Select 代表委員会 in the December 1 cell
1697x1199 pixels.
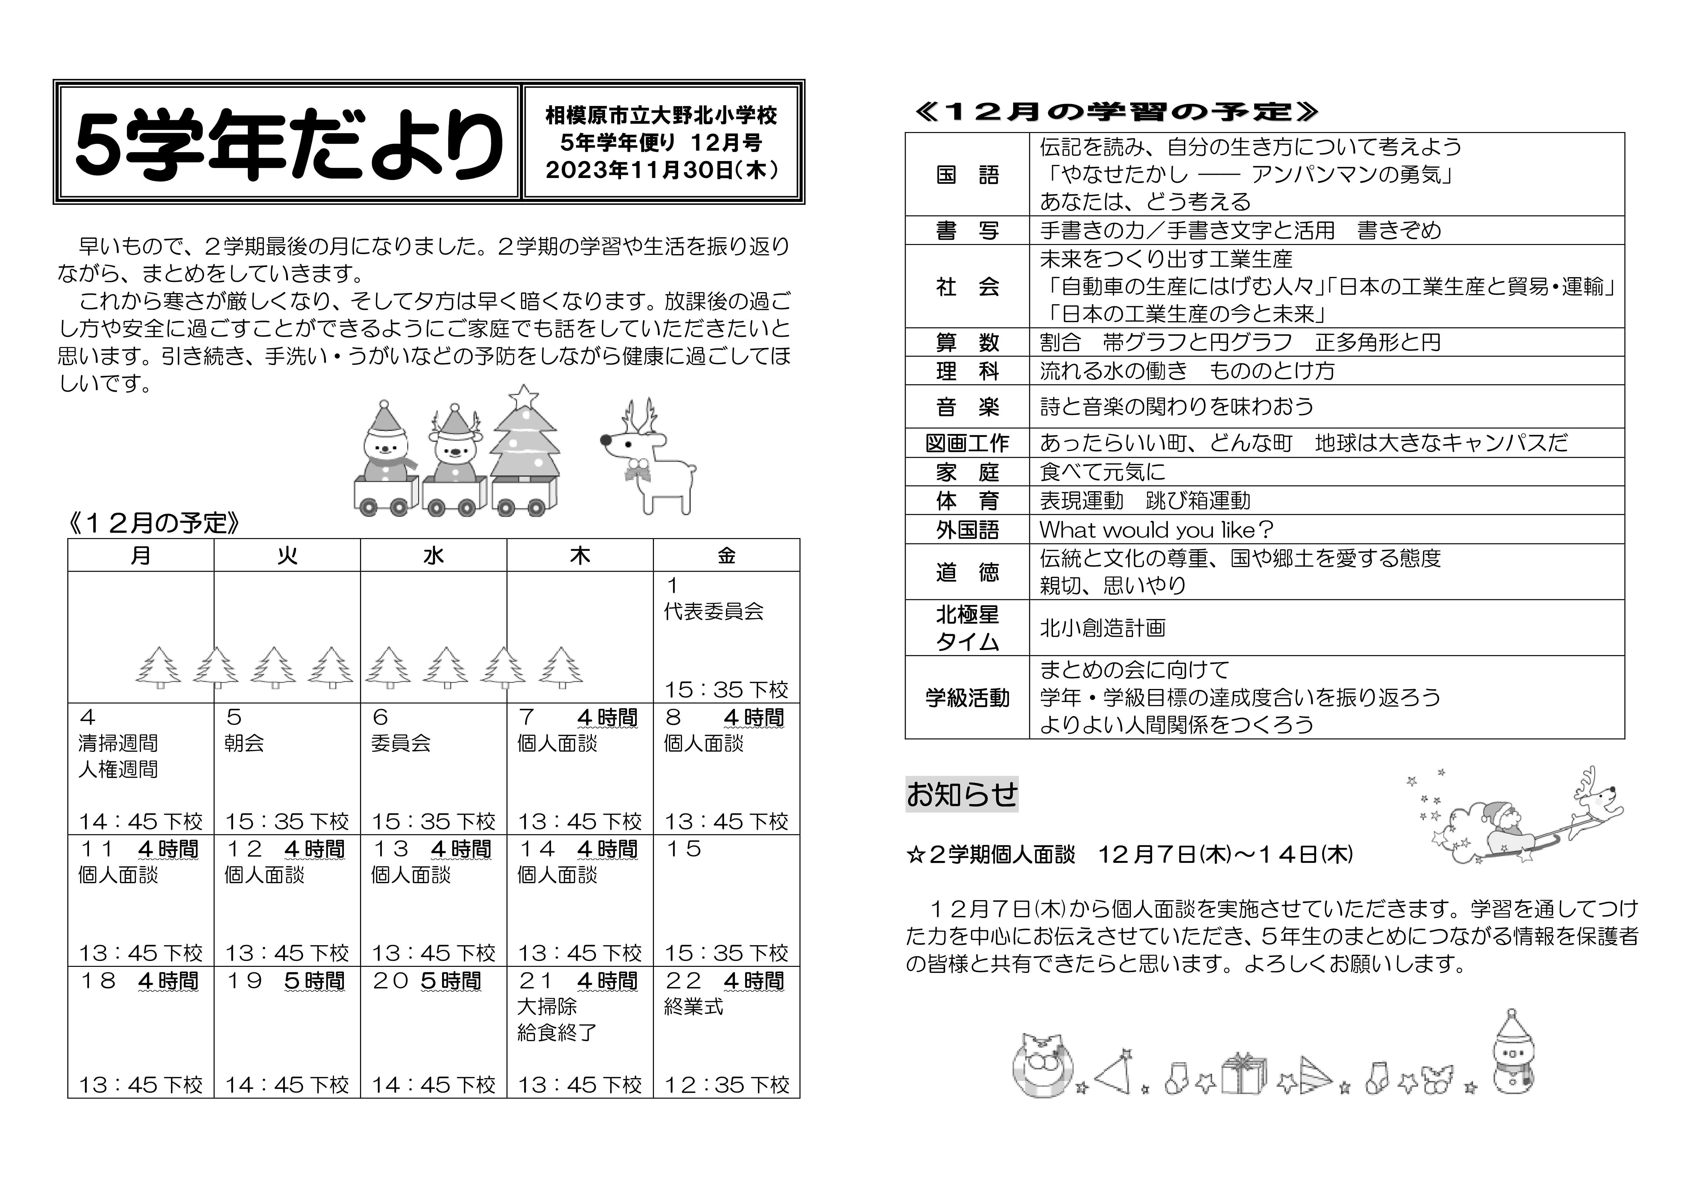pyautogui.click(x=713, y=611)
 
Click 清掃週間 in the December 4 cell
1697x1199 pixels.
pyautogui.click(x=118, y=743)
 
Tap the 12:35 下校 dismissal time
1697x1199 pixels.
pyautogui.click(x=726, y=1084)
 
